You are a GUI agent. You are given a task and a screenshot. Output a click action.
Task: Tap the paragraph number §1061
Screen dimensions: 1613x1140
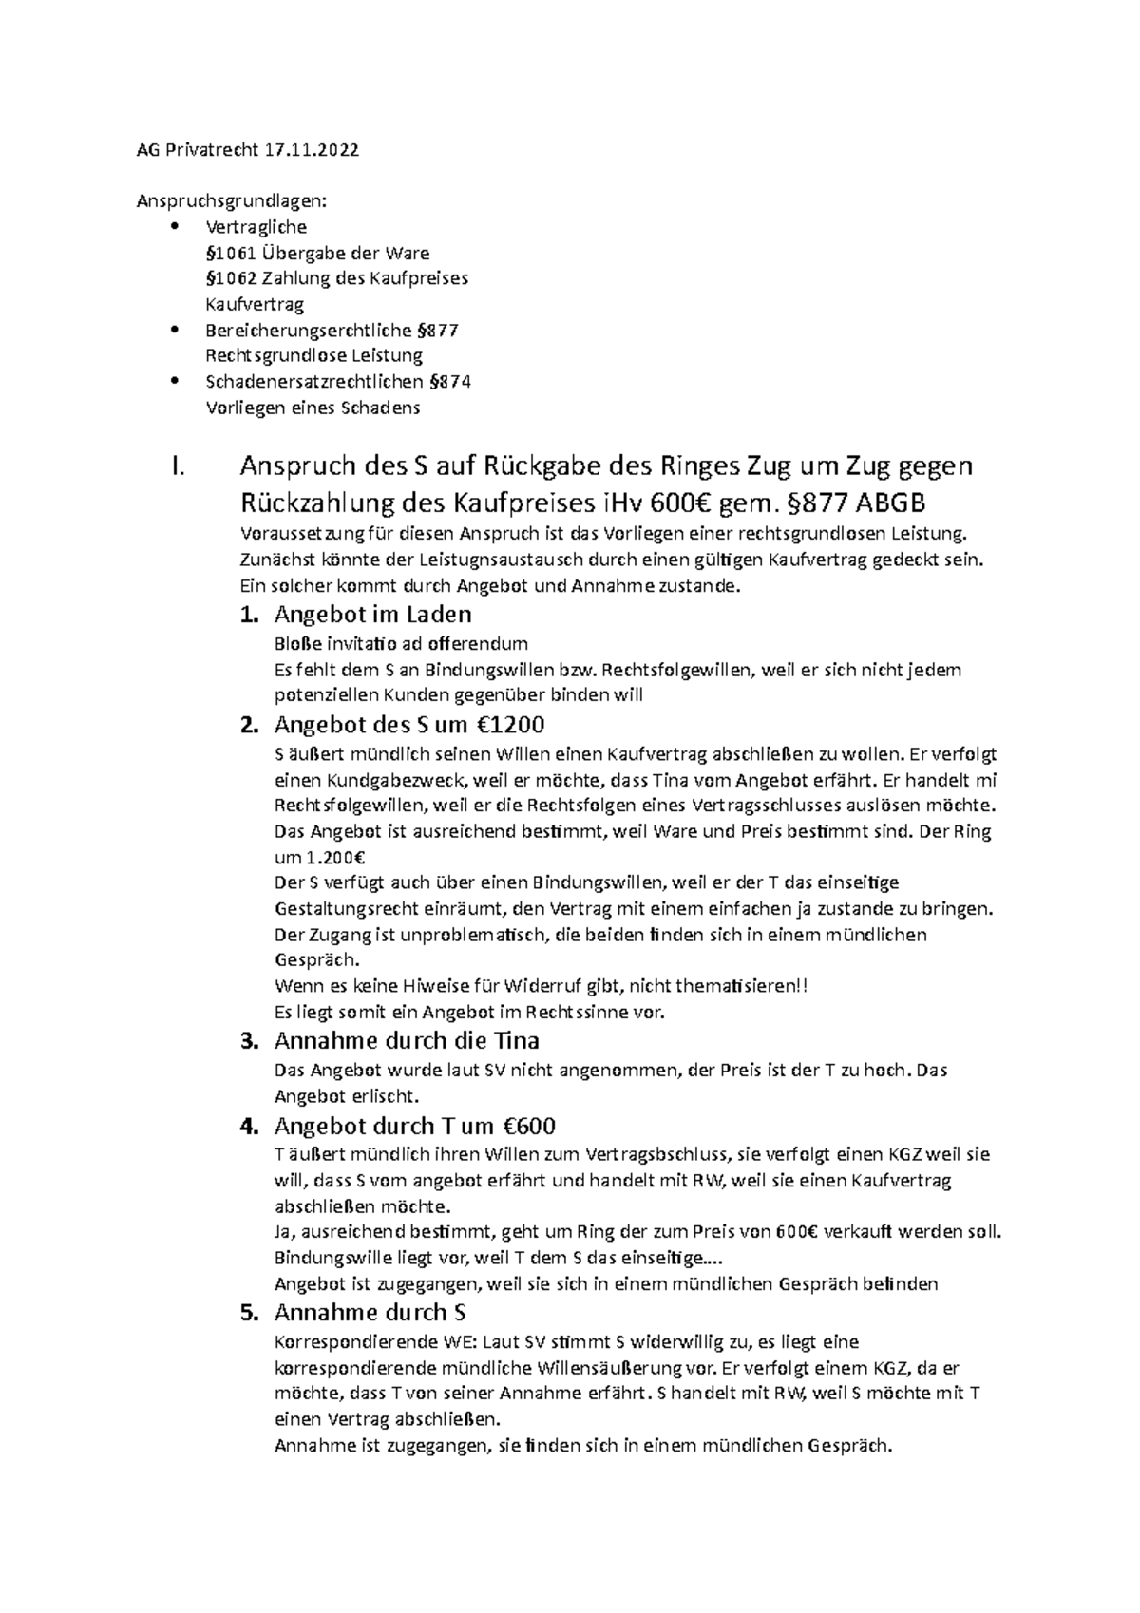(x=228, y=253)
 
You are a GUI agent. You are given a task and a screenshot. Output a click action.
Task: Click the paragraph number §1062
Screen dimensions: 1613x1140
(x=228, y=278)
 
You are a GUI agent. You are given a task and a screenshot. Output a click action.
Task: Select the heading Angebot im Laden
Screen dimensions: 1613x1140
(x=372, y=614)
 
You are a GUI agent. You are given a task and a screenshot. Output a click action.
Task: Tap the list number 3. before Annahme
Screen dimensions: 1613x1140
(x=249, y=1040)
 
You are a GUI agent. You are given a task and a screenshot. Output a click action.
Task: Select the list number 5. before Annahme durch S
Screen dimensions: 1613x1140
(x=249, y=1313)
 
